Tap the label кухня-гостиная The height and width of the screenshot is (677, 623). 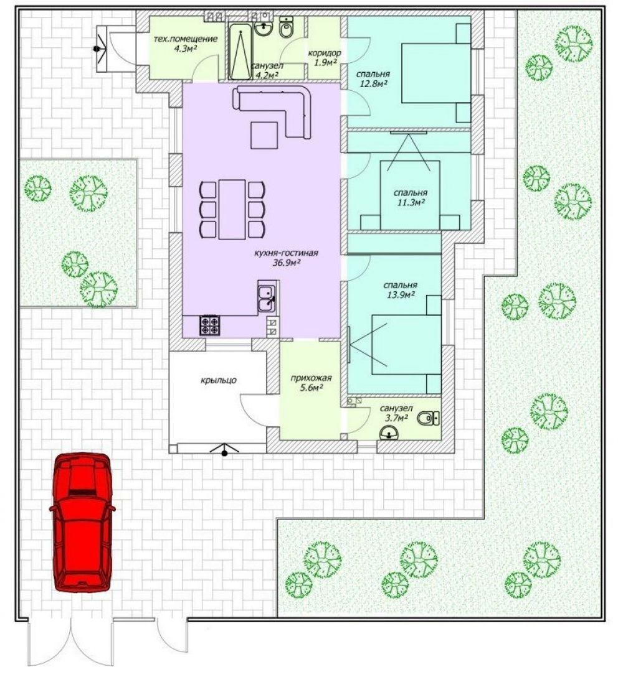click(286, 253)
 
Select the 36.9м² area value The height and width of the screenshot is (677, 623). click(287, 263)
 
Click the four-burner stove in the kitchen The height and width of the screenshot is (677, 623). click(210, 325)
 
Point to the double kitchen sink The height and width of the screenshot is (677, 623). click(267, 297)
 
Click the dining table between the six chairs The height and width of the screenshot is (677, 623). click(232, 210)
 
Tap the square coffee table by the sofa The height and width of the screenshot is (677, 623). click(264, 135)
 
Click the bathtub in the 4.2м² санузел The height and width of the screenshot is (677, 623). click(240, 52)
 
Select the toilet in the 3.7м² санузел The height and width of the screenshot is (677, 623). click(427, 418)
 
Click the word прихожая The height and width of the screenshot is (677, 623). click(311, 379)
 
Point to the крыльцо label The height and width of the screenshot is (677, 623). click(219, 380)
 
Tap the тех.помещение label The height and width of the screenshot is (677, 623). click(186, 39)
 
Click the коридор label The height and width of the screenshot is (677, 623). click(324, 53)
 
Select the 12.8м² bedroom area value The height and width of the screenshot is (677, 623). click(374, 83)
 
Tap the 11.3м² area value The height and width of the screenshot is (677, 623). click(411, 202)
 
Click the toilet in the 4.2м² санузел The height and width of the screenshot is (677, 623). click(286, 27)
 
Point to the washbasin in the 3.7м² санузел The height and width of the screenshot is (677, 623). click(389, 432)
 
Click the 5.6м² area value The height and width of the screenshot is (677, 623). click(311, 388)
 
